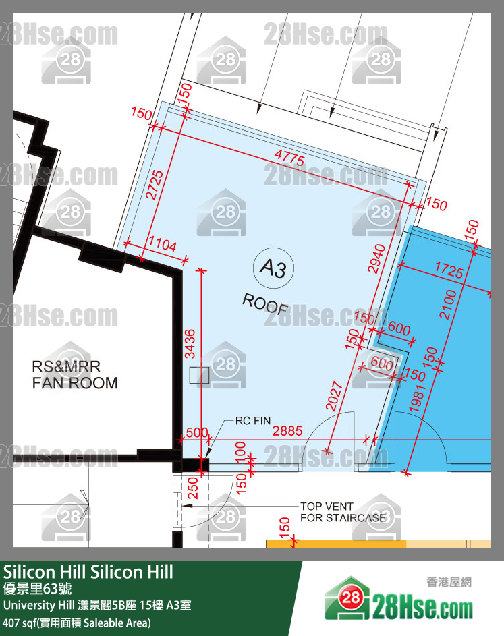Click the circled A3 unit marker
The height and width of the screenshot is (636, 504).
[x=273, y=269]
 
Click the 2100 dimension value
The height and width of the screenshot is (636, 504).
[x=448, y=304]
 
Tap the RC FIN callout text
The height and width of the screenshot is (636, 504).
[x=252, y=421]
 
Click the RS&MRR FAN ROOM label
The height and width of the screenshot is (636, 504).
[x=75, y=375]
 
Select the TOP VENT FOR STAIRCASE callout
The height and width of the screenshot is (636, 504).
[x=343, y=512]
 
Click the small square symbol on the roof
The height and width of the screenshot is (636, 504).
[x=200, y=375]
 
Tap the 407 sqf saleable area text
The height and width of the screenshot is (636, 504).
[x=77, y=622]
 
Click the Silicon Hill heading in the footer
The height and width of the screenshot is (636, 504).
[x=88, y=572]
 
